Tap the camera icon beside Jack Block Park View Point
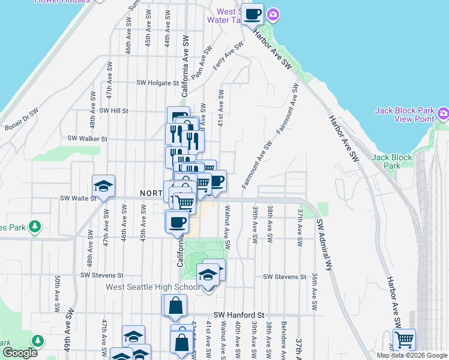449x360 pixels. pos(443,113)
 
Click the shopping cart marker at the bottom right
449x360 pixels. pos(404,340)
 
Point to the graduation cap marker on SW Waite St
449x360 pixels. pos(103,185)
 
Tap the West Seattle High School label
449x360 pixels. pos(153,287)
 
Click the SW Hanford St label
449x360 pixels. pos(239,314)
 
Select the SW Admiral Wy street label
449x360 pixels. pos(324,246)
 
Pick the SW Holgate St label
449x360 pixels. pos(158,83)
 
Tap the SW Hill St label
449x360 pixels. pos(114,110)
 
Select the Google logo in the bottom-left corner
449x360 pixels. pos(20,353)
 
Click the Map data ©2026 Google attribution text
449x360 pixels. pos(412,355)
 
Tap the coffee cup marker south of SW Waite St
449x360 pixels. pos(176,221)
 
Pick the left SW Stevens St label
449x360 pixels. pos(101,275)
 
